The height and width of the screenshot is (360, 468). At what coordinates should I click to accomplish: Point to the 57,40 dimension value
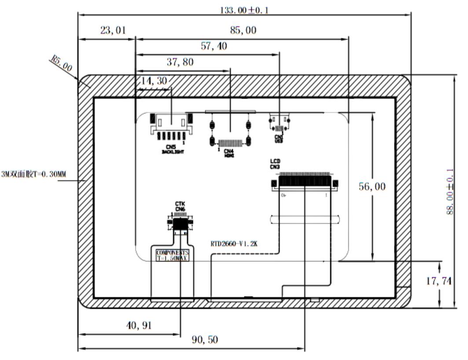point(214,46)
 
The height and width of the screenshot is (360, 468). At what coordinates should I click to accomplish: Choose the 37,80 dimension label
point(180,62)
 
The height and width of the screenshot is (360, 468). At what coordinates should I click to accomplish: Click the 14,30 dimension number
point(152,81)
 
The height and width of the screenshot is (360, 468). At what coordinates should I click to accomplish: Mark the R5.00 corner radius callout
point(62,64)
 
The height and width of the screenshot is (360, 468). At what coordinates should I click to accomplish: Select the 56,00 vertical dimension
point(371,187)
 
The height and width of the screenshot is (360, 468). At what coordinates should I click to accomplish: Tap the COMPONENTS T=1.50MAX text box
point(172,256)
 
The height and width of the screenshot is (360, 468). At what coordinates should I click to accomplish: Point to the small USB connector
point(279,123)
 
